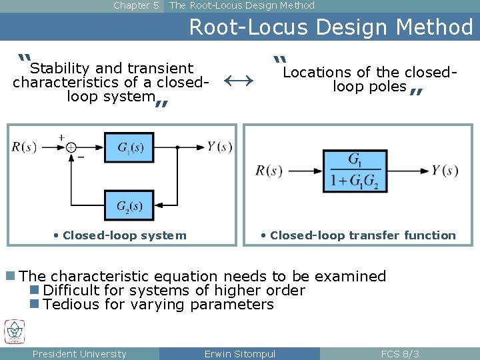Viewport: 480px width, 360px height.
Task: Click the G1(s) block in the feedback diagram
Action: point(129,147)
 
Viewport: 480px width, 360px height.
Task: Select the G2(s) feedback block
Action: point(129,205)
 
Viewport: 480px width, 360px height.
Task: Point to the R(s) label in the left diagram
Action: point(24,147)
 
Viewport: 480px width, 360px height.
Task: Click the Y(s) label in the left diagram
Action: point(219,147)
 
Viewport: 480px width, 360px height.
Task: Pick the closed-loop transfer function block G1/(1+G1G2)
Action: point(355,171)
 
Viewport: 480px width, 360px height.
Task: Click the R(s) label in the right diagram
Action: point(269,171)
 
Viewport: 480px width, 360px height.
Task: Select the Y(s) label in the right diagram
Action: point(445,171)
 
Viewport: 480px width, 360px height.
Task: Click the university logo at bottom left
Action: point(14,332)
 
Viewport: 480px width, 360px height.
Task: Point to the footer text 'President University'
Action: point(79,354)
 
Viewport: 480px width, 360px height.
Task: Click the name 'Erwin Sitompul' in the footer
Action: point(239,354)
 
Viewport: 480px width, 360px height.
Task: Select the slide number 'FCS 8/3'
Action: point(400,354)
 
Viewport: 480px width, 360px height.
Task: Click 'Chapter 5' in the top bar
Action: point(136,5)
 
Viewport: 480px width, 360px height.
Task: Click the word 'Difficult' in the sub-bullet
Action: point(71,291)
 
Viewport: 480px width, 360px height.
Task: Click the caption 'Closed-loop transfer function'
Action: point(363,235)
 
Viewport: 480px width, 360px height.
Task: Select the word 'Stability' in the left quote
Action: point(61,69)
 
